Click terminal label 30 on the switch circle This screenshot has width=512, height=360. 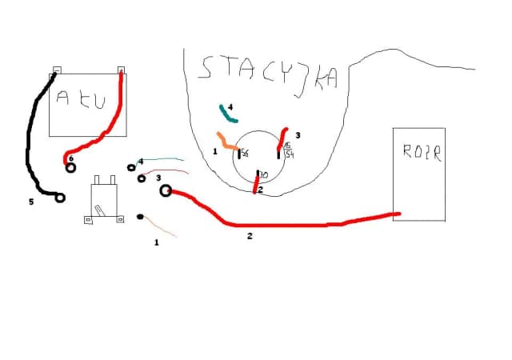263,174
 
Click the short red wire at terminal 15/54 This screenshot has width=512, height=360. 282,138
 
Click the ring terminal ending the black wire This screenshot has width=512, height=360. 59,196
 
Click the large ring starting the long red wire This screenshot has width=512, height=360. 166,190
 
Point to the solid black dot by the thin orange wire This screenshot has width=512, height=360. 140,217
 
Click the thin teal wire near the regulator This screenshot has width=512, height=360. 164,160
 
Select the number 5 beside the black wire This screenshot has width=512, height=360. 31,202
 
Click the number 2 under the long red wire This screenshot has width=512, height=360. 250,236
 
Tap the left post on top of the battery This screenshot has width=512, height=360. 56,70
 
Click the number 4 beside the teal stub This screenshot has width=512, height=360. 230,106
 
